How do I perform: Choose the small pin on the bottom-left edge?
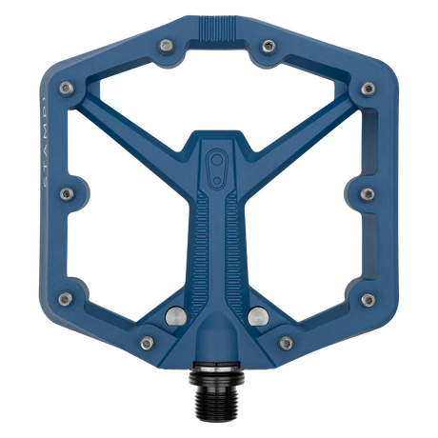pyautogui.click(x=145, y=342)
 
